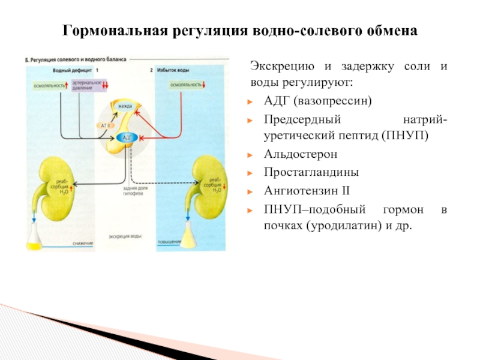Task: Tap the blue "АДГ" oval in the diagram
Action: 127,137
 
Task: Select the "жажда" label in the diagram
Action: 125,106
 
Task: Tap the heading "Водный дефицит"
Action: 67,70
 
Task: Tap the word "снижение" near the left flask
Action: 83,242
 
